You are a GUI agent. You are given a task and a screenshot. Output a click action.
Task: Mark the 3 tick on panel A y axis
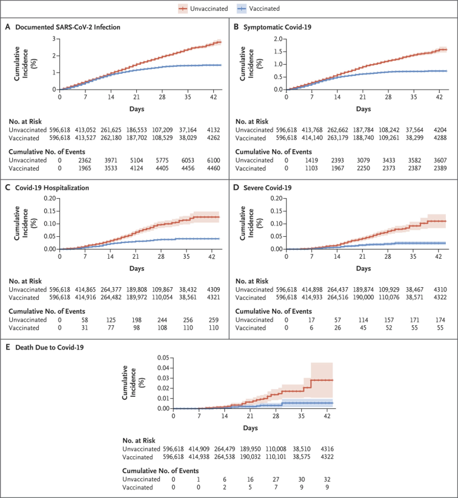point(55,39)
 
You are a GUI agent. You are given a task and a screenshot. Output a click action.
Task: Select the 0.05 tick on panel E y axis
point(162,357)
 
